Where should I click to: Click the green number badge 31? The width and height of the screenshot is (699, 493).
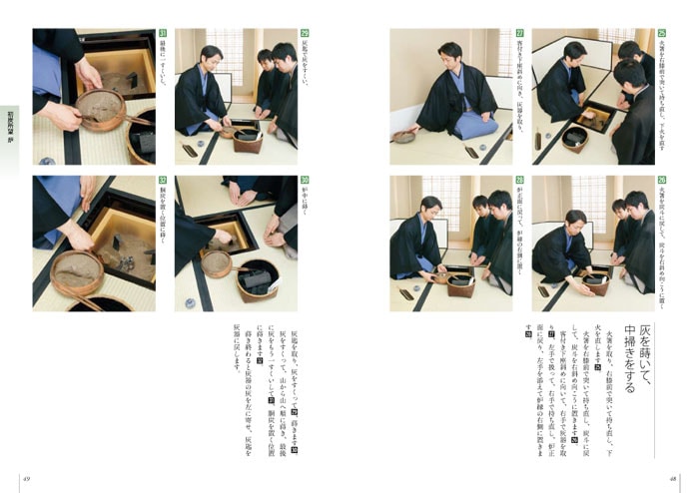click(162, 33)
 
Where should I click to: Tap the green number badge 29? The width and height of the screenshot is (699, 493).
click(304, 33)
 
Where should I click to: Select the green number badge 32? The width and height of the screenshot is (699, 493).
click(162, 181)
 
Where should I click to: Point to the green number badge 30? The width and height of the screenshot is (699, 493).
click(304, 181)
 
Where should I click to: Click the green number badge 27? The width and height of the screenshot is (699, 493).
click(519, 33)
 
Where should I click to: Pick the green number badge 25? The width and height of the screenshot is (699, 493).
click(661, 33)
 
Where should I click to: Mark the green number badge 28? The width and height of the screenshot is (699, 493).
click(519, 181)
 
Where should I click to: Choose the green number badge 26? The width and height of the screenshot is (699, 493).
click(661, 181)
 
